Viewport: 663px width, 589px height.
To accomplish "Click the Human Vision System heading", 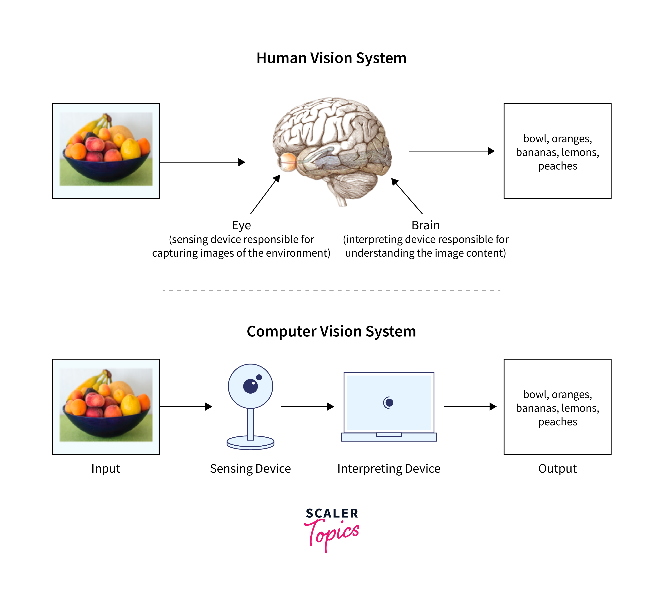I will click(x=331, y=58).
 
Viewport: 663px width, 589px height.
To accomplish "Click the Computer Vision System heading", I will click(x=331, y=331).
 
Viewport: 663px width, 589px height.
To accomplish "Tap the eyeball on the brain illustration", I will click(x=287, y=161).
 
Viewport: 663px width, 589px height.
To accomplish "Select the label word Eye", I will click(x=241, y=225).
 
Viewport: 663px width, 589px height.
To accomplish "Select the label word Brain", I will click(x=425, y=225).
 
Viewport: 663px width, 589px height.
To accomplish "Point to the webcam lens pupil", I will click(x=251, y=386).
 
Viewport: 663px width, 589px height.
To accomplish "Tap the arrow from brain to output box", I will click(x=451, y=151).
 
